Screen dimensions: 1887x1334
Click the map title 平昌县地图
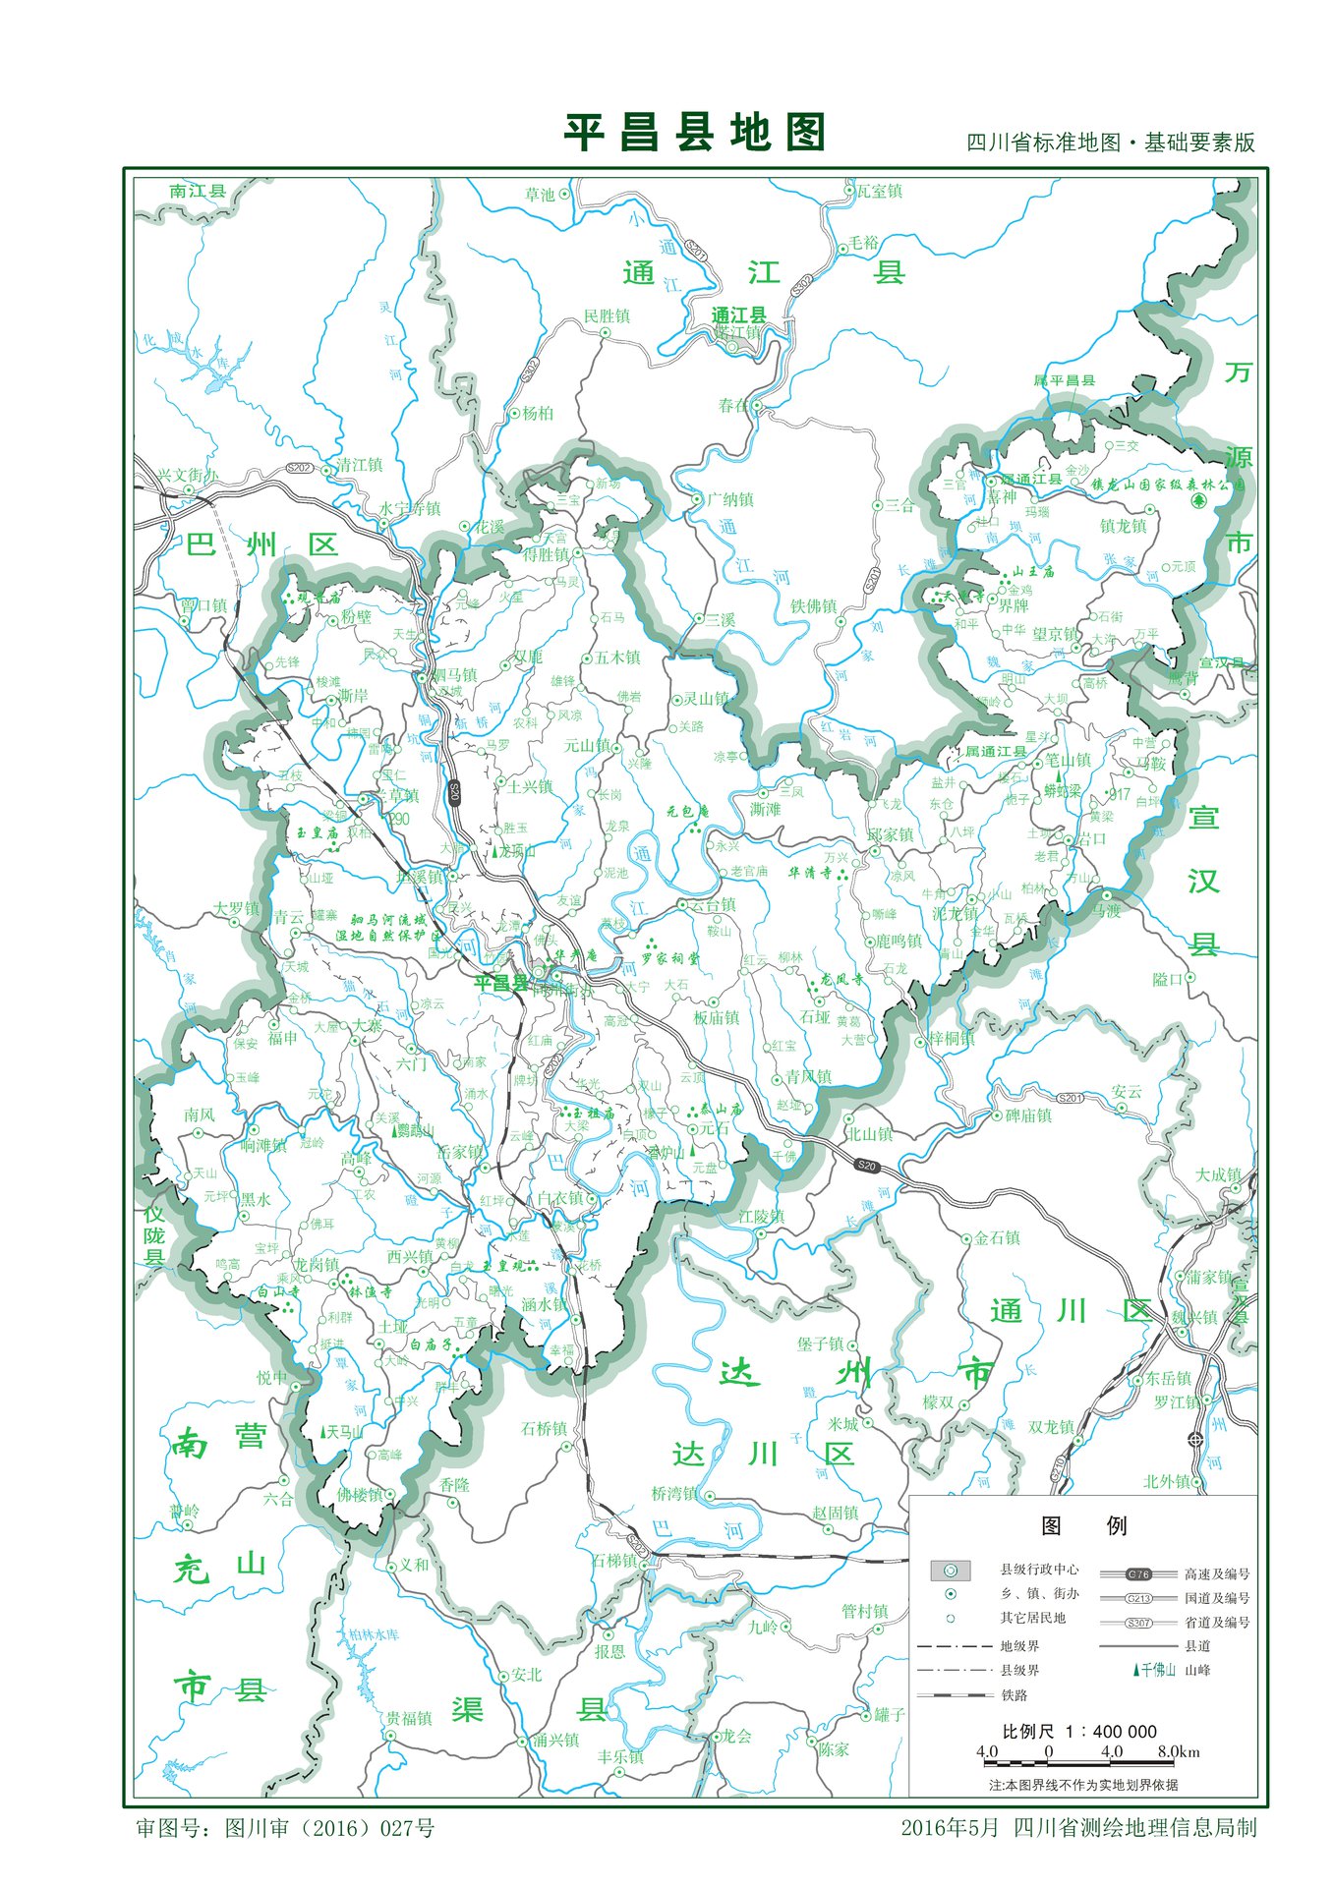(694, 133)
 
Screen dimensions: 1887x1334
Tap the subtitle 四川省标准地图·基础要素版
(1111, 143)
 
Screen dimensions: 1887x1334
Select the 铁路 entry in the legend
(1015, 1695)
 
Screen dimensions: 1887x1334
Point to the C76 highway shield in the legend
(1138, 1574)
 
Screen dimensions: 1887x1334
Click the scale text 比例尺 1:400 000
(1078, 1732)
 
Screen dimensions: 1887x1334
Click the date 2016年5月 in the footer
(949, 1828)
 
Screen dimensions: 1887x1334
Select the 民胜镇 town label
(607, 316)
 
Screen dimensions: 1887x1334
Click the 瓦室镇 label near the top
(879, 192)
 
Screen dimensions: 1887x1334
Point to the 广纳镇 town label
(729, 500)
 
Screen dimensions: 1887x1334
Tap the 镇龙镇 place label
(1123, 527)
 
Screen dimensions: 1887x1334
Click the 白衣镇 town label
(560, 1199)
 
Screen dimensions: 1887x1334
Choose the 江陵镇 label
(761, 1217)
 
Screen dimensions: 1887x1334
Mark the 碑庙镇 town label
(1028, 1115)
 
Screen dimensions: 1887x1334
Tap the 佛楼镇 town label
(359, 1495)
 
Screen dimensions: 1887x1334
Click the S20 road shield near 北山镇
(866, 1166)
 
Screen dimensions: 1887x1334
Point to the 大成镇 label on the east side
(1217, 1175)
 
